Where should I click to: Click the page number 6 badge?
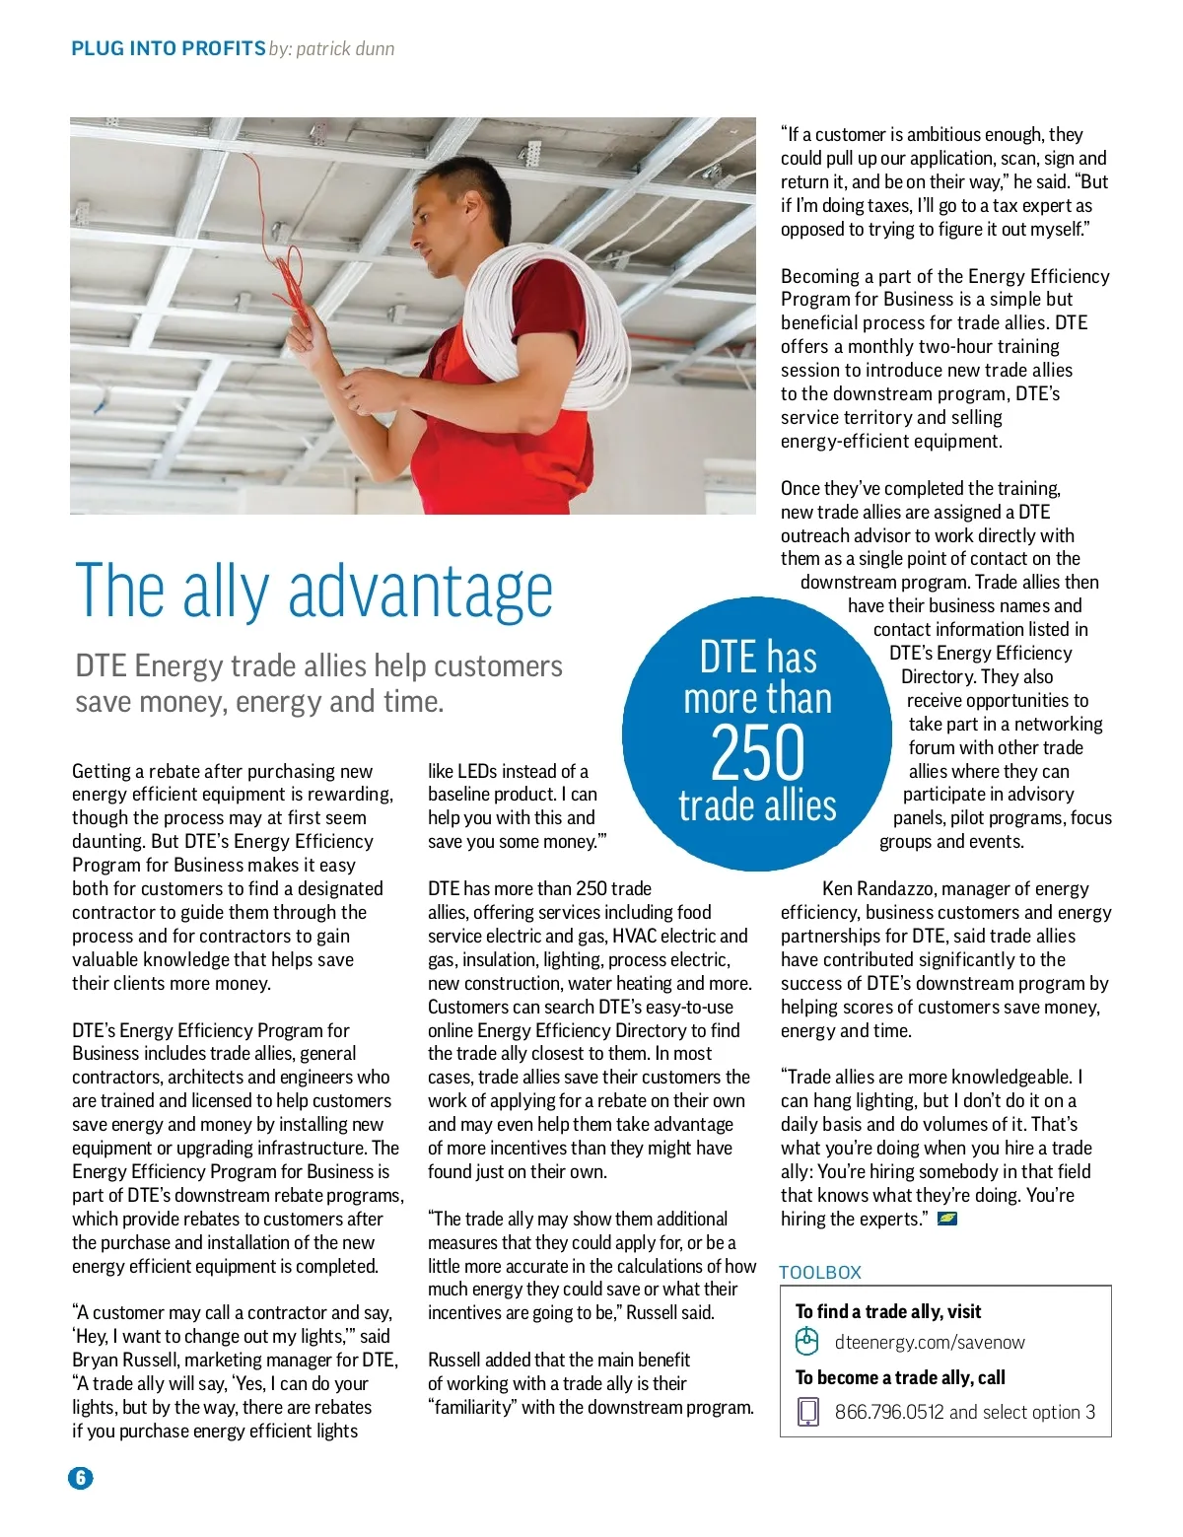coord(81,1477)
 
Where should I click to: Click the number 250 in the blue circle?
coord(757,753)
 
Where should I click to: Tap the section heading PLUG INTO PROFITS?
coord(168,48)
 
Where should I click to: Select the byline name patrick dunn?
coord(345,48)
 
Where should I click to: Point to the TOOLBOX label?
coord(820,1272)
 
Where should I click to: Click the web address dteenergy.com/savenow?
coord(930,1342)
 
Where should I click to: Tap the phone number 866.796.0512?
coord(889,1412)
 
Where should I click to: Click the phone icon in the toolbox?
coord(807,1412)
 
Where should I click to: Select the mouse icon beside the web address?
coord(807,1341)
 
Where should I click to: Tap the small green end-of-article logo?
coord(947,1219)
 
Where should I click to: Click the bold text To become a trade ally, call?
coord(900,1377)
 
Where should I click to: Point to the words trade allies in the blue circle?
coord(757,805)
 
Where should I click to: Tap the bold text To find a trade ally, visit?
coord(888,1311)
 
